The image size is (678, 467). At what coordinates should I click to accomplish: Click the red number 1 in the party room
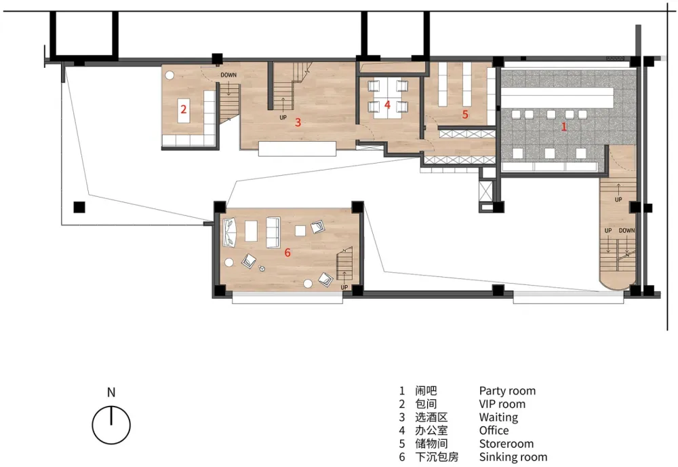pos(563,126)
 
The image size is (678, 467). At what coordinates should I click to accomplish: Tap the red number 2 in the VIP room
pos(183,109)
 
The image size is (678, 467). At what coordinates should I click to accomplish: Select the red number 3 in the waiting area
pos(298,122)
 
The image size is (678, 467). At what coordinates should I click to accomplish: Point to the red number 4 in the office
pos(387,105)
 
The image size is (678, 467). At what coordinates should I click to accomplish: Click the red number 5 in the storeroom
pos(465,114)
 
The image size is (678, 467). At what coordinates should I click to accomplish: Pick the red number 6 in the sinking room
pos(287,253)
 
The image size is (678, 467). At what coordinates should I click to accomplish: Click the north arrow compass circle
pos(111,425)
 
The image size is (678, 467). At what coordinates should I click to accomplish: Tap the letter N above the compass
pos(111,392)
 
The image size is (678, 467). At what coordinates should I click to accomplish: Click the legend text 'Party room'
pos(507,391)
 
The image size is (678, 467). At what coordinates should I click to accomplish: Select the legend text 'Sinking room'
pos(513,457)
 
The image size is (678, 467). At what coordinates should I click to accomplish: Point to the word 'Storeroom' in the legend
pos(506,444)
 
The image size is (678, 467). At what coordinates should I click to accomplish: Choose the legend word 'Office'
pos(494,430)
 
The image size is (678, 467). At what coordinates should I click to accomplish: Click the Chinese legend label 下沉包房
pos(437,457)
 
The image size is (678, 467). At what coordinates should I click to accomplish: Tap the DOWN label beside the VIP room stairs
pos(228,75)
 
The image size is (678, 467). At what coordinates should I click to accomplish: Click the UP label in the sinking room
pos(344,287)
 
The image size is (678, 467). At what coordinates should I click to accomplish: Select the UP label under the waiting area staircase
pos(283,117)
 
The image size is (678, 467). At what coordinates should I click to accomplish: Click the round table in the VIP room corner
pos(169,75)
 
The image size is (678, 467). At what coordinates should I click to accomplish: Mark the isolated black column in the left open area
pos(79,207)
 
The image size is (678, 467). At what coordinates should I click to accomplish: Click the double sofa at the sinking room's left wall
pos(229,233)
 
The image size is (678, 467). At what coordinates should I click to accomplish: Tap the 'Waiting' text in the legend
pos(498,417)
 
